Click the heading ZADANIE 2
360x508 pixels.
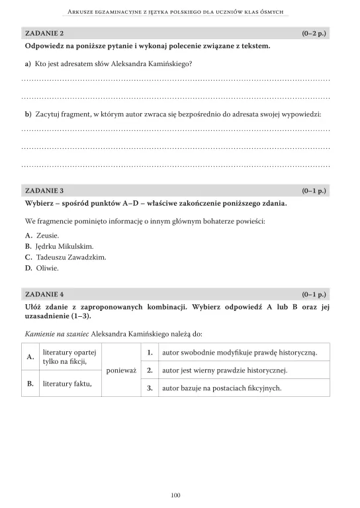click(44, 32)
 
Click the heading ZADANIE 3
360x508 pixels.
click(44, 190)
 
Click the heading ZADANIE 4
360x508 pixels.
click(44, 293)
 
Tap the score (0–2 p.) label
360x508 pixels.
click(314, 32)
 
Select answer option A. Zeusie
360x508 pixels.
click(42, 235)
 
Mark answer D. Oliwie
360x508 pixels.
click(42, 268)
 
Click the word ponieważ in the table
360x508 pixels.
click(121, 370)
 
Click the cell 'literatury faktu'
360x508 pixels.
click(67, 383)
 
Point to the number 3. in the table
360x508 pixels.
click(150, 388)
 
